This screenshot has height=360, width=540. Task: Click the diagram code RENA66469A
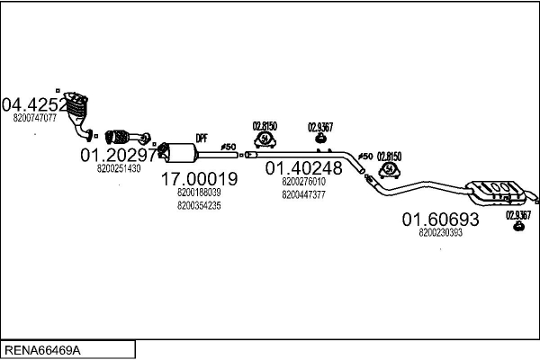[x=42, y=350]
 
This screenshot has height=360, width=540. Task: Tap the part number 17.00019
[x=200, y=179]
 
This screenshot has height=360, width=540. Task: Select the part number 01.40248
[x=304, y=168]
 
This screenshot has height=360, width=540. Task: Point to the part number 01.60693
[x=440, y=220]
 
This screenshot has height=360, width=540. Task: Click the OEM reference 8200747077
[x=35, y=118]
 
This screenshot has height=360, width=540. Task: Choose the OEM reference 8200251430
[x=119, y=168]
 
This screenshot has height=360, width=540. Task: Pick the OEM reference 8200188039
[x=199, y=193]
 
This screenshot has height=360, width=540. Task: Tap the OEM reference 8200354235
[x=199, y=206]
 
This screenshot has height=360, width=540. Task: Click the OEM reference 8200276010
[x=304, y=182]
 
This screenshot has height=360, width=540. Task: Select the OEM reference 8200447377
[x=304, y=195]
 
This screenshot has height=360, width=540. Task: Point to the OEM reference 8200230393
[x=440, y=233]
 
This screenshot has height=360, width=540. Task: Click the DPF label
[x=202, y=139]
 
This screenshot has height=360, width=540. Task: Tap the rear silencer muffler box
[x=495, y=193]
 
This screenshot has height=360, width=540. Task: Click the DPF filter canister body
[x=180, y=153]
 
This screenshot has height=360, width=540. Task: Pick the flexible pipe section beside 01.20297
[x=117, y=137]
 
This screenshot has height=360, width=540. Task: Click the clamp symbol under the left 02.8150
[x=265, y=139]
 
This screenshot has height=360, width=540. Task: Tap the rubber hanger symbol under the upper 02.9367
[x=321, y=138]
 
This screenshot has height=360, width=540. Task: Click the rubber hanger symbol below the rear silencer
[x=518, y=226]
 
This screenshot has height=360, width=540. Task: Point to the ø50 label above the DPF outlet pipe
[x=229, y=147]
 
